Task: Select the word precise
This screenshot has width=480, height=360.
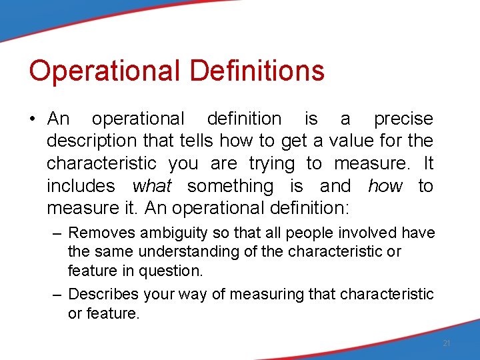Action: (403, 119)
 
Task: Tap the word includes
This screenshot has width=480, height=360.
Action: (81, 186)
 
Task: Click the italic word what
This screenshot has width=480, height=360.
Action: (152, 186)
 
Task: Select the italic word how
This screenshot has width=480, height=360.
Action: (385, 186)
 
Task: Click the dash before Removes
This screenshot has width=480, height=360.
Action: (59, 233)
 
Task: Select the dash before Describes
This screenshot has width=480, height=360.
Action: (59, 295)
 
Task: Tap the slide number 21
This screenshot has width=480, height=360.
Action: (447, 343)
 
